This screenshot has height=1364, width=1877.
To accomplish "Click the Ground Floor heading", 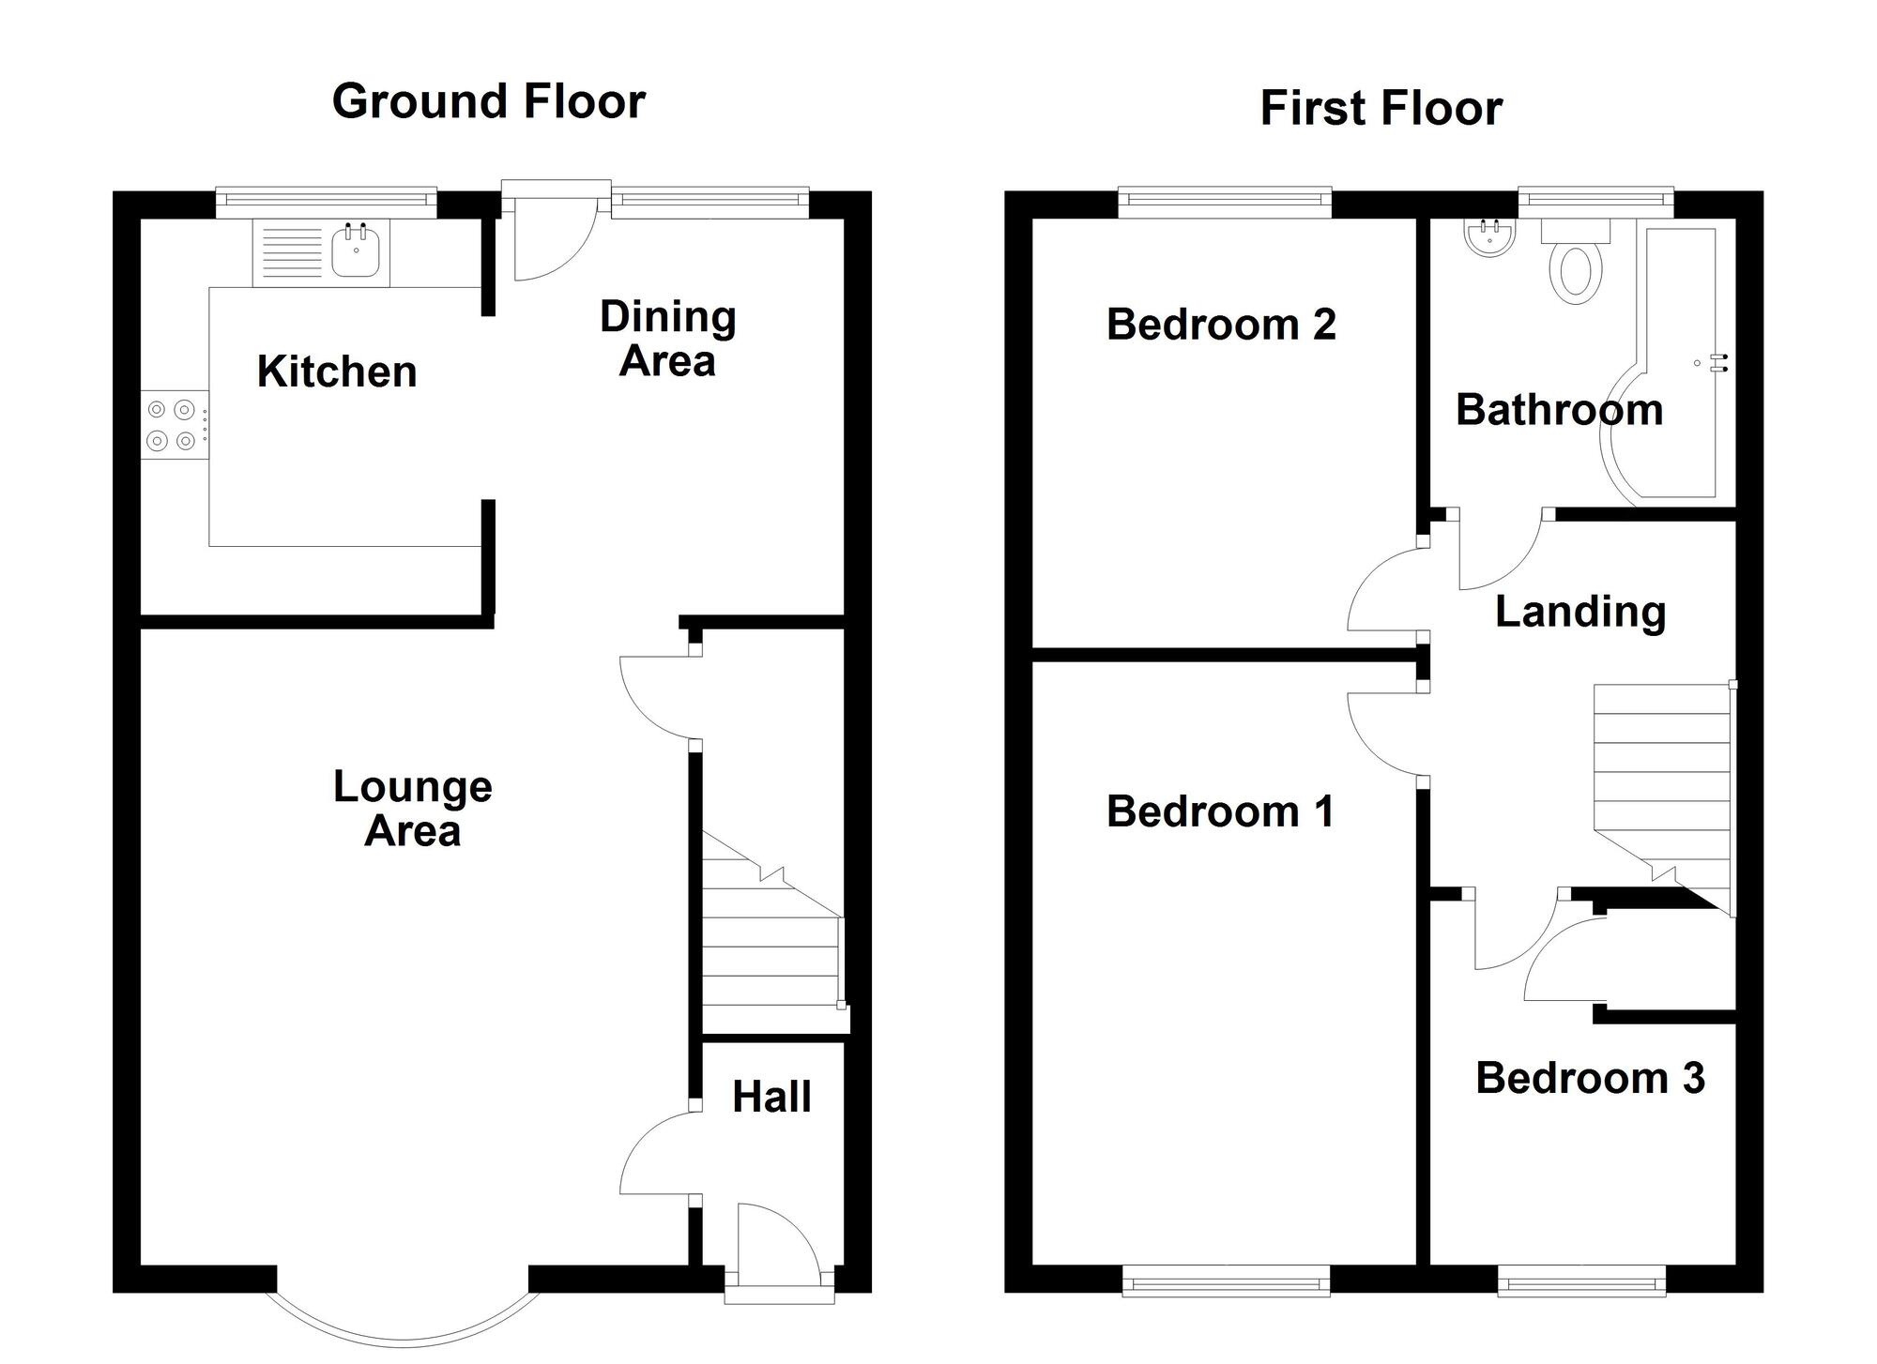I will [x=488, y=101].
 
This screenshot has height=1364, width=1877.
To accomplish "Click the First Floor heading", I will [x=1381, y=108].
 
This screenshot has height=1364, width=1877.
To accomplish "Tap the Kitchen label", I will [x=337, y=371].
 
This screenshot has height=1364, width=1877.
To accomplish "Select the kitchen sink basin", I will [x=356, y=252].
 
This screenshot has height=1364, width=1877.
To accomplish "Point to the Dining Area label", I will [x=667, y=339].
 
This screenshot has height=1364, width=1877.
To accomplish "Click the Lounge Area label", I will [x=413, y=808].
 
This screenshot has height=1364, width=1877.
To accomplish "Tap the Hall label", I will [x=771, y=1097].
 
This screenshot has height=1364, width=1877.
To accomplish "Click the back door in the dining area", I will [x=554, y=235].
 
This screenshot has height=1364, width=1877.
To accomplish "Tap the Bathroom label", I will [x=1559, y=410].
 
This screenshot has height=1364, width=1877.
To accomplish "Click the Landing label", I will [x=1580, y=612].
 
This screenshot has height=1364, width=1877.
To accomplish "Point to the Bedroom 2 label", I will [x=1221, y=325].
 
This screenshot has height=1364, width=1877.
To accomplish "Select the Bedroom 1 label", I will [x=1220, y=811].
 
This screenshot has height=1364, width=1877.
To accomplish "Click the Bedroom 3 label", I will [x=1590, y=1078].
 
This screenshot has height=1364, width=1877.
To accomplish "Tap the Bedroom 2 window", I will [x=1225, y=198].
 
